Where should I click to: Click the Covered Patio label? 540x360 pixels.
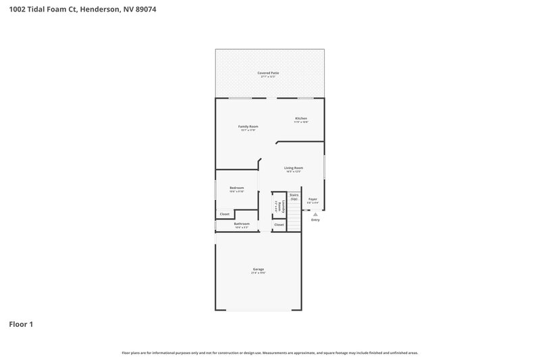click(268, 72)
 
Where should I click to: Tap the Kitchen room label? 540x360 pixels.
click(301, 118)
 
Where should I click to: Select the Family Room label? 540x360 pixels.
click(248, 126)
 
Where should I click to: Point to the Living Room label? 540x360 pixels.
click(293, 168)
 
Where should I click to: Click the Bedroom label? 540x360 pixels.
click(236, 188)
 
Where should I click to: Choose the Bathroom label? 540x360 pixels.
click(242, 224)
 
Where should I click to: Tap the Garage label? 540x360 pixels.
click(259, 269)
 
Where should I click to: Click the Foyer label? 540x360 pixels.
click(313, 199)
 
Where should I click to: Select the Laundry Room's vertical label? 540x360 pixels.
click(277, 207)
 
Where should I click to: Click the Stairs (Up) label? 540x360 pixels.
click(294, 197)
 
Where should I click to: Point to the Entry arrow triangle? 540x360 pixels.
click(315, 214)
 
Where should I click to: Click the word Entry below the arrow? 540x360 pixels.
click(315, 220)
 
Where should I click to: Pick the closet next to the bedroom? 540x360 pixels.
click(225, 214)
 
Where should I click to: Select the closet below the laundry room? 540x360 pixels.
click(279, 224)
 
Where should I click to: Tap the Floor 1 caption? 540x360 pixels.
click(21, 324)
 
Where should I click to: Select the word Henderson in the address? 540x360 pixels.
click(99, 9)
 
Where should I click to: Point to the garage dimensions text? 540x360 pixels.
click(259, 273)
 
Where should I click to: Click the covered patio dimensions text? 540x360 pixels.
click(268, 76)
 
